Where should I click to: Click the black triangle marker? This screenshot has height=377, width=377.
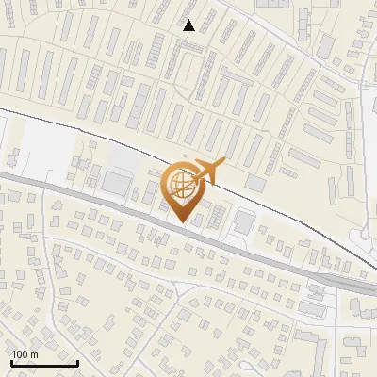tap(189, 25)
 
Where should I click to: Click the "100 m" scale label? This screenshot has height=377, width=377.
tap(24, 354)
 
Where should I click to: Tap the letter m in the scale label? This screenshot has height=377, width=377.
tap(33, 354)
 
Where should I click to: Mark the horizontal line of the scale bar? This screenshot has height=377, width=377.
tap(43, 363)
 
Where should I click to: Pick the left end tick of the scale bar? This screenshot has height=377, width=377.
tap(10, 361)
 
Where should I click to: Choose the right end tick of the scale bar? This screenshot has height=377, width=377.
tap(77, 361)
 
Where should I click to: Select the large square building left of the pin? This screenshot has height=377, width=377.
tap(119, 182)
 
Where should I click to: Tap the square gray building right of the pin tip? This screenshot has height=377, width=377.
tap(243, 222)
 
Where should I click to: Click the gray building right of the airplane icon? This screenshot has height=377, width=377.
tap(254, 182)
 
